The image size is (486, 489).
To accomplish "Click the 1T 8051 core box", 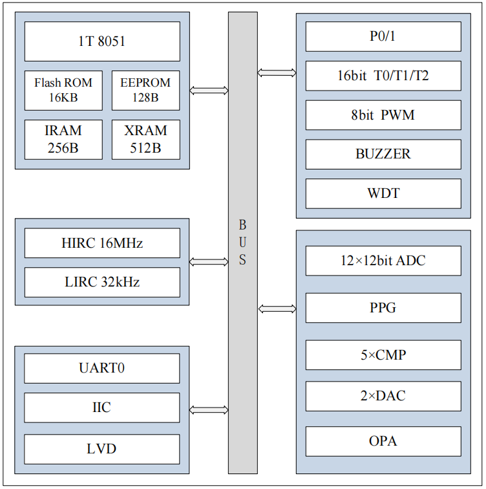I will [102, 41].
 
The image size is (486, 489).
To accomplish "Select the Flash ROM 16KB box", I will [63, 91].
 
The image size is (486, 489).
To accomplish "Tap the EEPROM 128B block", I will [145, 91].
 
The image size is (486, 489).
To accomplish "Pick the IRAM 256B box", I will [63, 139].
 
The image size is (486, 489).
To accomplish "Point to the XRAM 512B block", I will [145, 139].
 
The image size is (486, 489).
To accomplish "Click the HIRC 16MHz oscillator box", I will [102, 243].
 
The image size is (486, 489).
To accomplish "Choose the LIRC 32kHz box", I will [102, 282].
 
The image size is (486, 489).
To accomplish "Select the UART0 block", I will [102, 369].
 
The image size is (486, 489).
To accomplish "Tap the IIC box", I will [102, 407].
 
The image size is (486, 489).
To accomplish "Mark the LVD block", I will [102, 449].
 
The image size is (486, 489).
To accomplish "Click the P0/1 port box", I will [383, 36].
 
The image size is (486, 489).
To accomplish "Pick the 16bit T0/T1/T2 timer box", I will [383, 76].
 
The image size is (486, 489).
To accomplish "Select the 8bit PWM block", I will [383, 115].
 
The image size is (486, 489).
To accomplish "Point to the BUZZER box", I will [383, 154].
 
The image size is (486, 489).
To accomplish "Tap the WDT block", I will [383, 193].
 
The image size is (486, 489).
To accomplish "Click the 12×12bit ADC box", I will [383, 261].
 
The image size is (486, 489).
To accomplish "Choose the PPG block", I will [383, 307].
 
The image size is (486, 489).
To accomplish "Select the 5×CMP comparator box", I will [383, 354].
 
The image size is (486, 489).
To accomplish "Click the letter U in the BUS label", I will [243, 243].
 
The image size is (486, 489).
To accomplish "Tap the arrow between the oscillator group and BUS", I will [209, 262].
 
